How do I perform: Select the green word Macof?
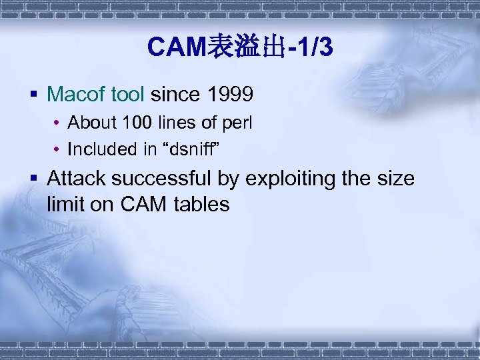tap(76, 95)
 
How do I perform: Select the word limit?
tap(63, 205)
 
